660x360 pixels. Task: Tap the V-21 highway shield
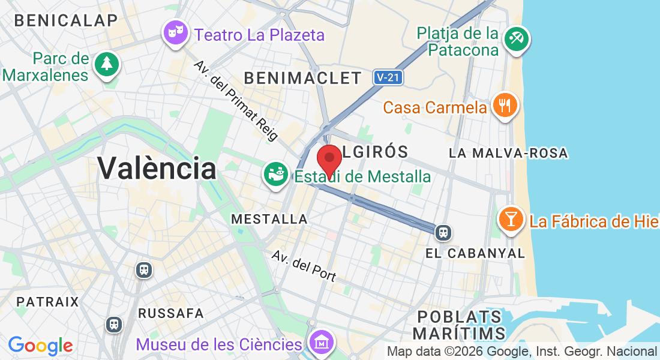388,77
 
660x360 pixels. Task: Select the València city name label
157,168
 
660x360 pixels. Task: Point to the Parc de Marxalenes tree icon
107,63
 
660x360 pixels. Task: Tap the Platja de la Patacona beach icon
516,39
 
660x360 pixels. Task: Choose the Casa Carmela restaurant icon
505,106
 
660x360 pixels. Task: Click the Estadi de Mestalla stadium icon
276,175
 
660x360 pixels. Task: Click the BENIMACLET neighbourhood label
303,78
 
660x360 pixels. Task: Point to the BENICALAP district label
66,20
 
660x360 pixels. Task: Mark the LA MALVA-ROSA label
508,153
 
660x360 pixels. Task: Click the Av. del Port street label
304,265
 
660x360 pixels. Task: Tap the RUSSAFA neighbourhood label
171,313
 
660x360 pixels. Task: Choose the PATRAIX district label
48,301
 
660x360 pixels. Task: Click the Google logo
41,346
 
